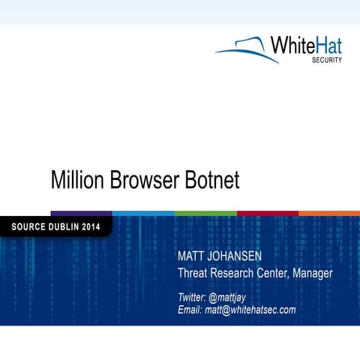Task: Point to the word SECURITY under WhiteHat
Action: pyautogui.click(x=327, y=61)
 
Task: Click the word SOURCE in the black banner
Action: pyautogui.click(x=29, y=226)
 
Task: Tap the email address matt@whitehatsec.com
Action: pyautogui.click(x=250, y=310)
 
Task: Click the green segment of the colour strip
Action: pyautogui.click(x=205, y=213)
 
